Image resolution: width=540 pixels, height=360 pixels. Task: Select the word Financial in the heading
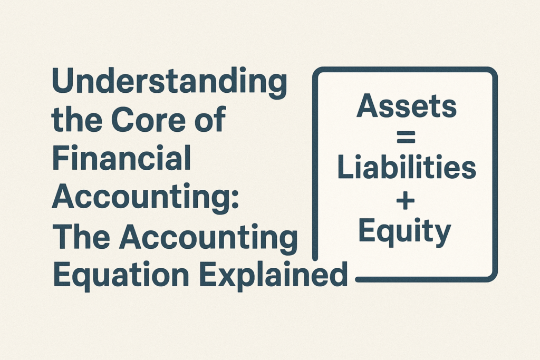point(121,158)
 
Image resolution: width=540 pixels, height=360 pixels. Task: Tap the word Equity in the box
point(404,232)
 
